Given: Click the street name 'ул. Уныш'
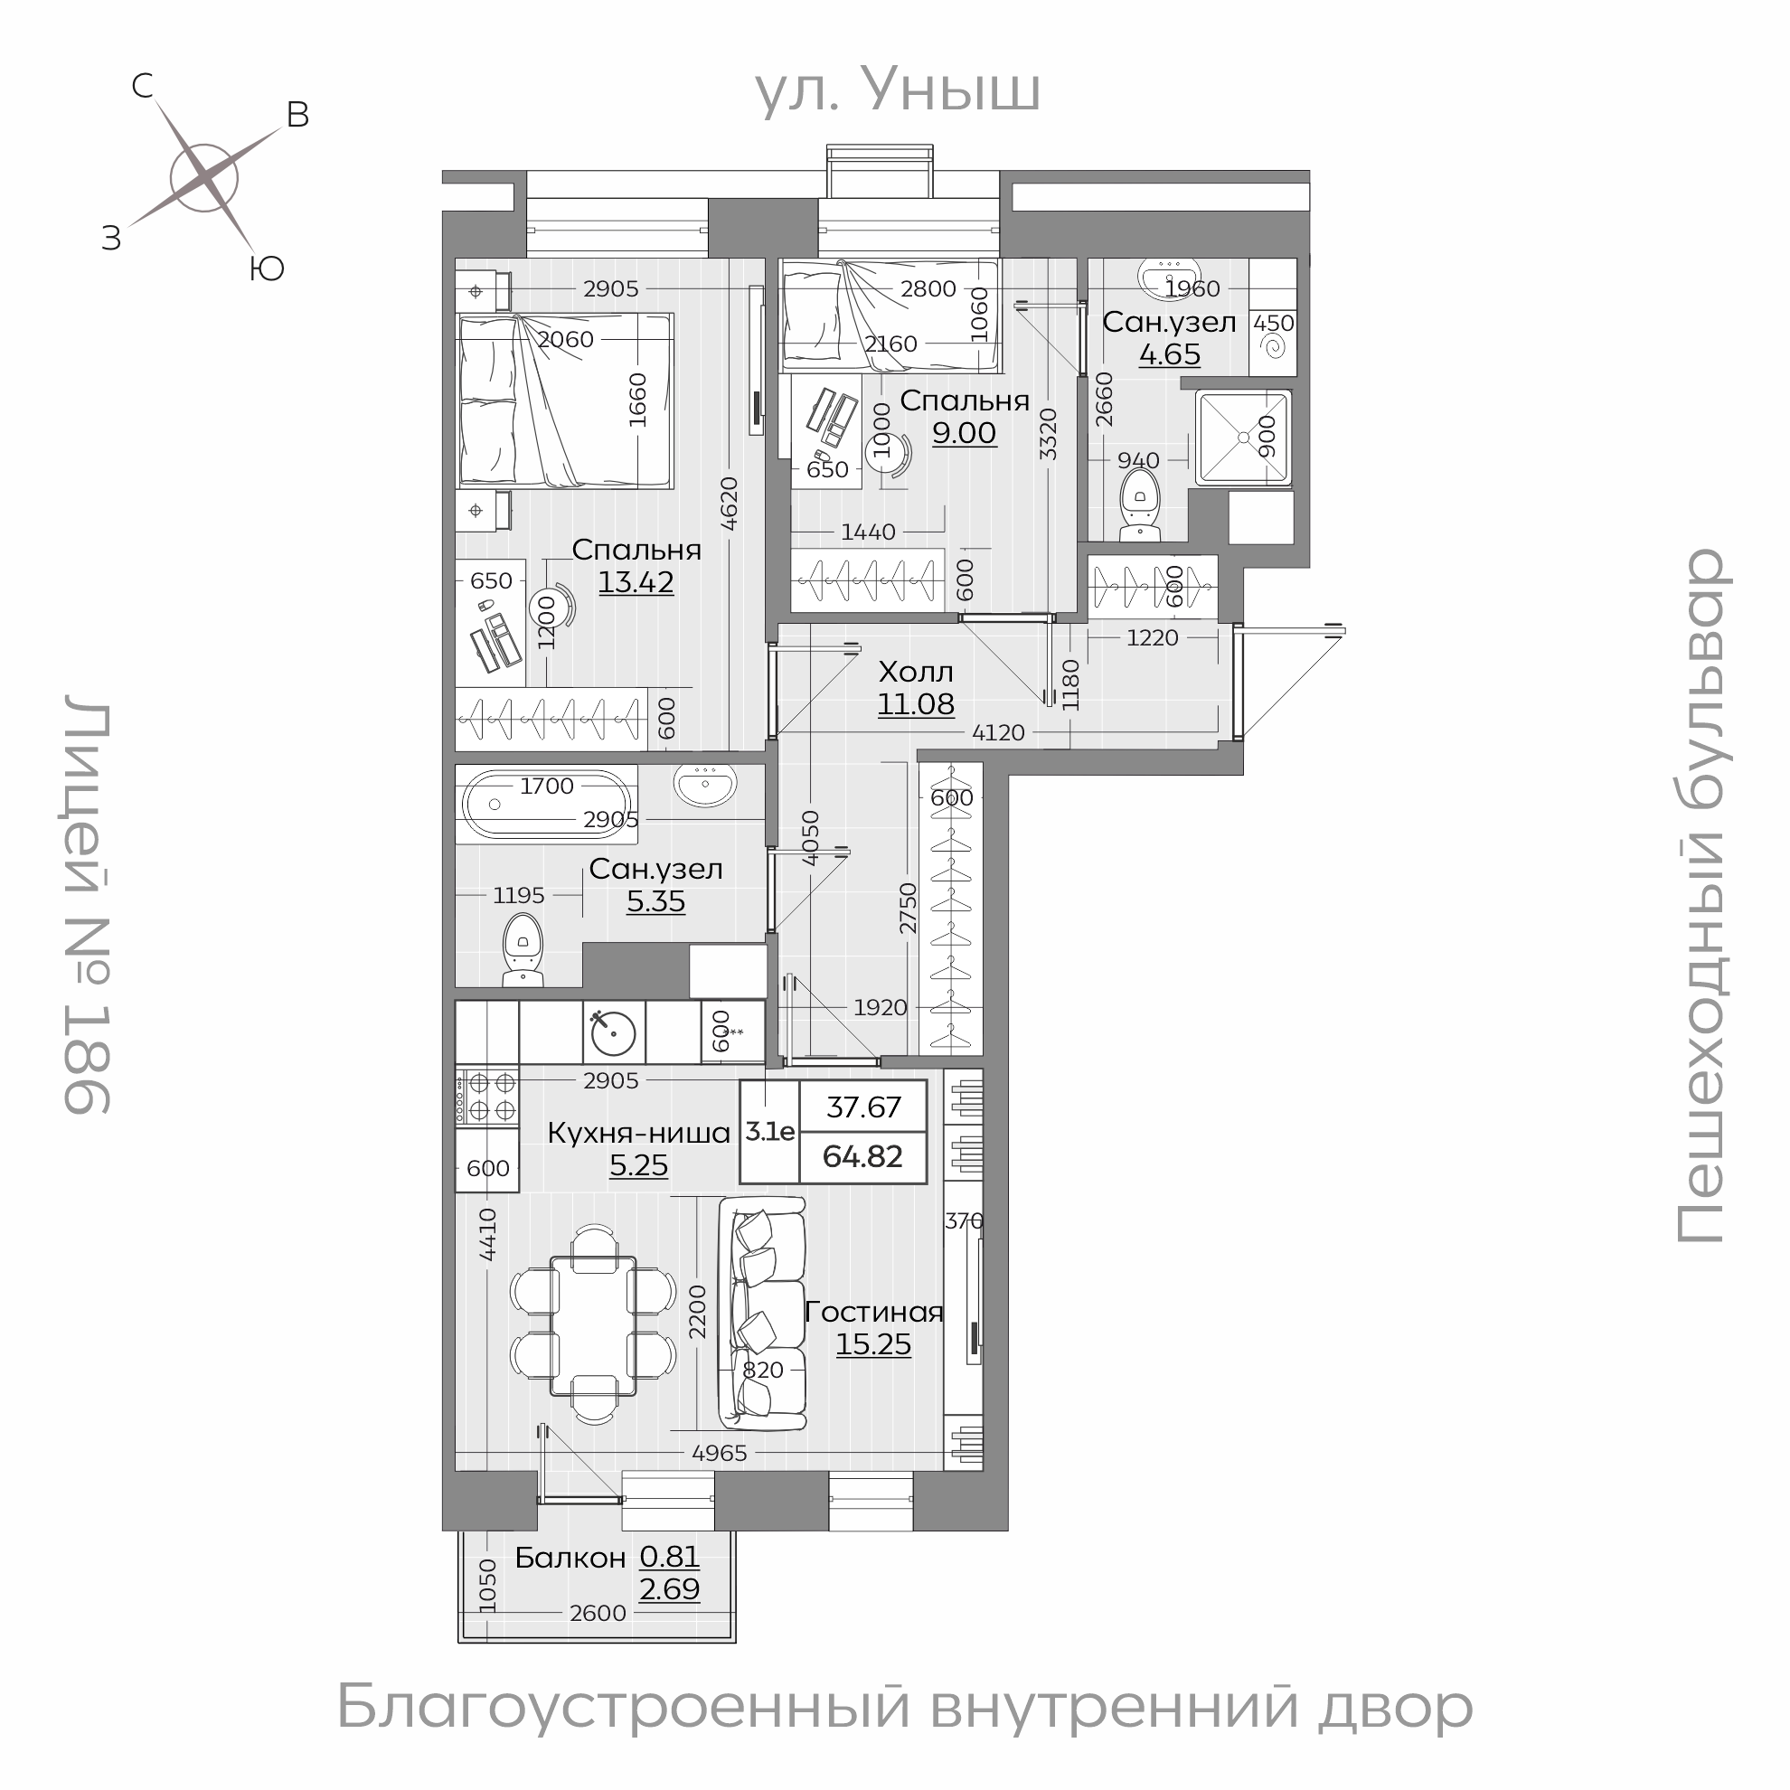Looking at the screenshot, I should click(897, 90).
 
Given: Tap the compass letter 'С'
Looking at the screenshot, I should click(142, 87).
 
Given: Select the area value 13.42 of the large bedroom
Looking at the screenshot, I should click(636, 583).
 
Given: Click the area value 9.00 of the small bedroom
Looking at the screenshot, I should click(964, 433).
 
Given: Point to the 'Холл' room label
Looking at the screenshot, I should click(916, 672).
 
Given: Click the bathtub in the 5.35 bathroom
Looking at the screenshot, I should click(547, 805).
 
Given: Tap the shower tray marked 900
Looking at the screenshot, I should click(1241, 438).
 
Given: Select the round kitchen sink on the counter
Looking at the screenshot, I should click(613, 1032).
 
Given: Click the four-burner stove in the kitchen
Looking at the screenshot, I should click(486, 1095).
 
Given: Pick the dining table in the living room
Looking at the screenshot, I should click(593, 1326).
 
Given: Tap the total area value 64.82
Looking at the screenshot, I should click(862, 1157).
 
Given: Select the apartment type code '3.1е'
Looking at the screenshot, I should click(770, 1131).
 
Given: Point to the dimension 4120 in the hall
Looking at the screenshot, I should click(998, 733).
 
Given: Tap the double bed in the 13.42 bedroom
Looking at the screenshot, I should click(565, 400).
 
